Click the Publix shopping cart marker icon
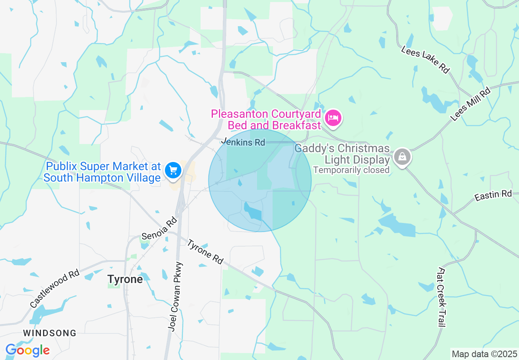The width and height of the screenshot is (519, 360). pos(173,170)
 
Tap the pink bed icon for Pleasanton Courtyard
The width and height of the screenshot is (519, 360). pos(333,118)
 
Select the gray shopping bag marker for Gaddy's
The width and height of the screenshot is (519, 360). pos(403,156)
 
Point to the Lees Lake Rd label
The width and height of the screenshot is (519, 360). pos(425,60)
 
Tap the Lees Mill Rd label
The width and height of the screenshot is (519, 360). pos(470,104)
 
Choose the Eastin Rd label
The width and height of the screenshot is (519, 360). pos(493,195)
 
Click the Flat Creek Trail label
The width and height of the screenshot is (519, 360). pos(441,297)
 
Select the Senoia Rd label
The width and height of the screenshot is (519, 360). pos(159,229)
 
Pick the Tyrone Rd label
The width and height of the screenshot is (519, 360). pos(205,252)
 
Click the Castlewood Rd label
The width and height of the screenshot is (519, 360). pos(54,288)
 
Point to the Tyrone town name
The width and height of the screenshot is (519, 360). pos(125,279)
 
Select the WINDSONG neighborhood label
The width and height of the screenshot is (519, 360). pos(50,333)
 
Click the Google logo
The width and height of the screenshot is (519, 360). pos(27,351)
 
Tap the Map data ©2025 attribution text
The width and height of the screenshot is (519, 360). pos(484,354)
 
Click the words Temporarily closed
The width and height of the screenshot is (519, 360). pos(351,170)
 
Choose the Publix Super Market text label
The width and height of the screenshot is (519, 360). pos(102,172)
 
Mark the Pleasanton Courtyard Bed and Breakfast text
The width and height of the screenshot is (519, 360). pos(266,119)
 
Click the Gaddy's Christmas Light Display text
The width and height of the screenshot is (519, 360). pos(342,154)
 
